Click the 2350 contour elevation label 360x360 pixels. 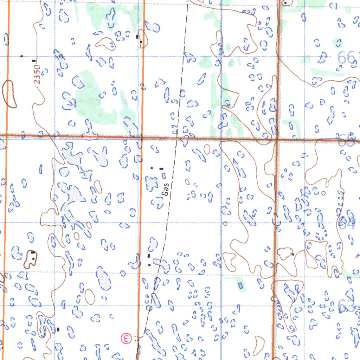[38, 74]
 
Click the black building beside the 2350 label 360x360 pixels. [34, 61]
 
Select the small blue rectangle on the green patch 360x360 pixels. [240, 285]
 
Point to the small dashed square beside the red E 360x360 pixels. [137, 339]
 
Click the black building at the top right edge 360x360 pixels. [286, 3]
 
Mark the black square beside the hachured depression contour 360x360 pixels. [292, 254]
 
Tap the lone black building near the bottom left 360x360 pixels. [58, 329]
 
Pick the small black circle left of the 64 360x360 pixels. [323, 193]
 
